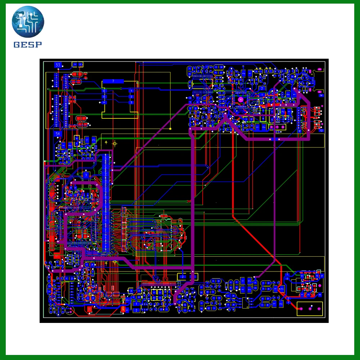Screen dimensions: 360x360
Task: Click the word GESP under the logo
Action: (x=28, y=45)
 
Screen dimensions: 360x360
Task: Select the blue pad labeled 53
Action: (x=58, y=65)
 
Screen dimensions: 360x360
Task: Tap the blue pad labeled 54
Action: (x=58, y=134)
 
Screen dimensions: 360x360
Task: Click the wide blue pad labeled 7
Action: (x=113, y=81)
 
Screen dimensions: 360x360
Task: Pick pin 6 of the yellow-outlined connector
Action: (x=104, y=91)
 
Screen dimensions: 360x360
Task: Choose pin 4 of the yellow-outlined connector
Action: (x=104, y=103)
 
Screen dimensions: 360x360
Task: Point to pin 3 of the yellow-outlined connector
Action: (x=131, y=103)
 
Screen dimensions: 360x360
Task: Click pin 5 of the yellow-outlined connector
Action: (x=104, y=97)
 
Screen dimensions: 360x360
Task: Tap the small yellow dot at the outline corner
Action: (x=170, y=129)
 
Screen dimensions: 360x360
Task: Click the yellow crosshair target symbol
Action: (x=115, y=144)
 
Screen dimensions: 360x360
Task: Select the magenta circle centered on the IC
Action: (x=240, y=99)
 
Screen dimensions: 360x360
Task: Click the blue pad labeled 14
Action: (x=321, y=95)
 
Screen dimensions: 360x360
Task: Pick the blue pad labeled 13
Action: (x=321, y=130)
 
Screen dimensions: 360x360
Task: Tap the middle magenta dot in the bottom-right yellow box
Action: (x=310, y=309)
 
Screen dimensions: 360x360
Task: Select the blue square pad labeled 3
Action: (x=86, y=175)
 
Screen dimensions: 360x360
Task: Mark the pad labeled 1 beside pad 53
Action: (x=75, y=64)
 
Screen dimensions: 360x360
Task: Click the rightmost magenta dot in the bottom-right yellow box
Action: (x=318, y=309)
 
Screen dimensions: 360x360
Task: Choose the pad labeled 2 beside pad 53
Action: (x=81, y=64)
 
